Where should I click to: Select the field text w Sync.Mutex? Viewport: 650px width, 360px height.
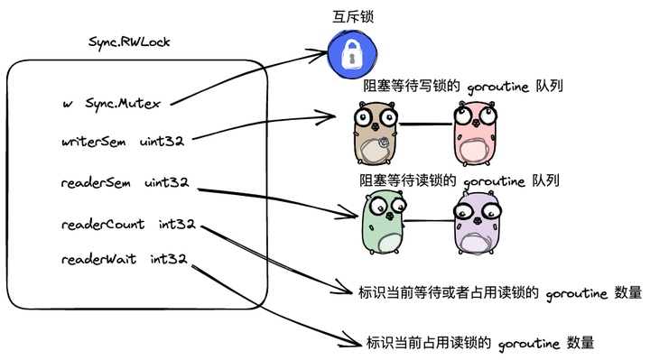point(112,104)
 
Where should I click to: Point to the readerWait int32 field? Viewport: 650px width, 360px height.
point(124,260)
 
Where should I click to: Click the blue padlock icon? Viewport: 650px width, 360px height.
point(349,54)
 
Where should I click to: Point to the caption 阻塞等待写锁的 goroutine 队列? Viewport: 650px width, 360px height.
point(462,87)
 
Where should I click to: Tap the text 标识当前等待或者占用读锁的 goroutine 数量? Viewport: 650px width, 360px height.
point(499,292)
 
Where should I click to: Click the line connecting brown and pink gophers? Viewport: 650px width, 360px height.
point(423,124)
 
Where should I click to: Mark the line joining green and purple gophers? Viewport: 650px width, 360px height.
point(429,222)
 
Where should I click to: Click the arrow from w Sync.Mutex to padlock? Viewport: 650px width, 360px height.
point(244,81)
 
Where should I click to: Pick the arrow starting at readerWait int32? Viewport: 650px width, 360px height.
point(271,302)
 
